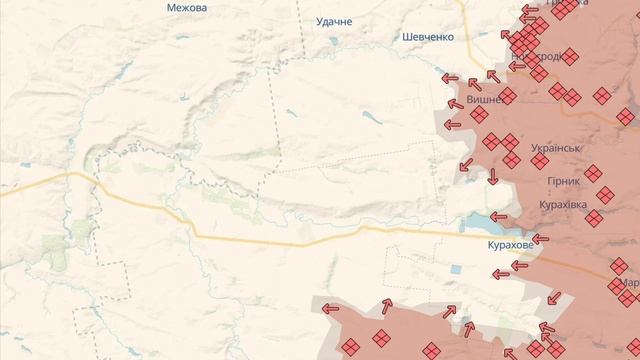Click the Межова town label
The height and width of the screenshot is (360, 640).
(x=187, y=8)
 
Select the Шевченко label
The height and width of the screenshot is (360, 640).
(x=427, y=36)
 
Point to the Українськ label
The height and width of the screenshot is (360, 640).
(x=557, y=148)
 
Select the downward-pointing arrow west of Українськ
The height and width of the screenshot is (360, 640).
(x=493, y=176)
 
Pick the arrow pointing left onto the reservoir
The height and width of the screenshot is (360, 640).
(x=499, y=215)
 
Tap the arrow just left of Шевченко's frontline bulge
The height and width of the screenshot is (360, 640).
(x=451, y=78)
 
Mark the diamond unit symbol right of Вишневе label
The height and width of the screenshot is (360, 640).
(x=507, y=97)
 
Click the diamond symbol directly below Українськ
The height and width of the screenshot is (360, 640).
(x=511, y=160)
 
